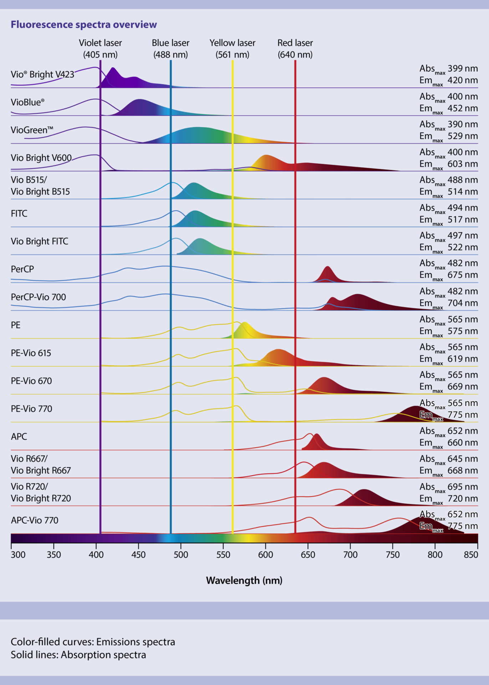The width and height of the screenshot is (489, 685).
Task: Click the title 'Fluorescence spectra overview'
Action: point(84,24)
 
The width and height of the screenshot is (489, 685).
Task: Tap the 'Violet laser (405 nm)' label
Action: point(100,49)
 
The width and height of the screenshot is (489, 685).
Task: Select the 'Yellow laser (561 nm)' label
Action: point(232,49)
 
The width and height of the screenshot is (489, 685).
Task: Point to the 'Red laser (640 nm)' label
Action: point(295,49)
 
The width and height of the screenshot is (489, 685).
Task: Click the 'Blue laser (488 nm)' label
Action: point(170,49)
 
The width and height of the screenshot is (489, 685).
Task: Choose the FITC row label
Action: point(19,213)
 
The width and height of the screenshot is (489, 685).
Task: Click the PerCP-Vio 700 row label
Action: point(39,297)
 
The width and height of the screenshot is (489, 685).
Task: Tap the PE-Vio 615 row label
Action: point(31,353)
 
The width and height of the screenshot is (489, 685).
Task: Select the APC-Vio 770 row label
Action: point(35,520)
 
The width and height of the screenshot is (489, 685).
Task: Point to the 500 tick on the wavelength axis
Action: point(181,554)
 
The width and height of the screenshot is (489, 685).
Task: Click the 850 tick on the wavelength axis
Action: point(471,554)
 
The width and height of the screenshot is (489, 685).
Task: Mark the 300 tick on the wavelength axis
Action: point(18,554)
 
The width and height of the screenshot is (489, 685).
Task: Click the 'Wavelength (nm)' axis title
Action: point(244,580)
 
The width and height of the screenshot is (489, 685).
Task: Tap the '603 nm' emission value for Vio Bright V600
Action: point(463,164)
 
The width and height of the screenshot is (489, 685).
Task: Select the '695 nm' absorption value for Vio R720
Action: point(463,487)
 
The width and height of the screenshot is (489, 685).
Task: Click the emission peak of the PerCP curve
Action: point(327,267)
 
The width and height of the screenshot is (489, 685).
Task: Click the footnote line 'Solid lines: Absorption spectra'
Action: point(78,655)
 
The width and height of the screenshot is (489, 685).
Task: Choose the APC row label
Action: point(19,436)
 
